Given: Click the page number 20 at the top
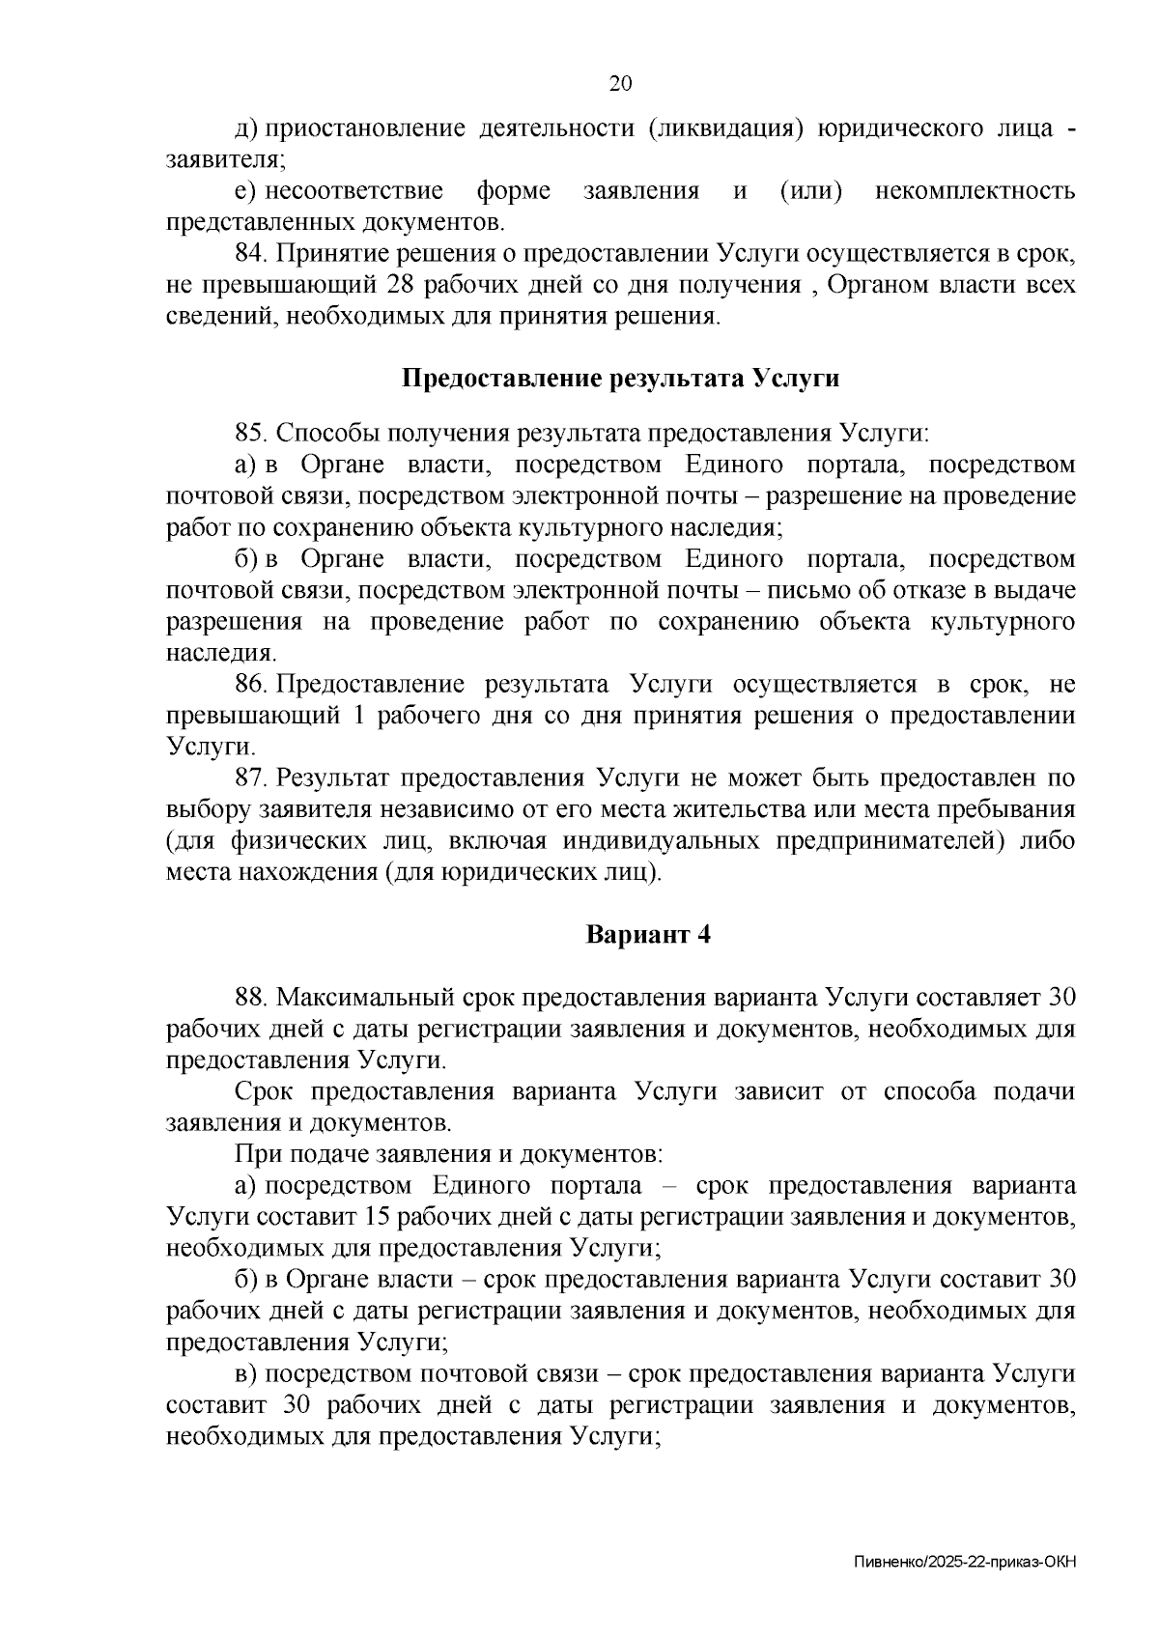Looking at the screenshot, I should [620, 84].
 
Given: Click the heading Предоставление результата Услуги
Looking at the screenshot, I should [620, 379].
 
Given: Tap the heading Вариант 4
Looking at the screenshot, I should [648, 935].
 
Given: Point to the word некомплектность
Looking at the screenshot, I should [975, 191].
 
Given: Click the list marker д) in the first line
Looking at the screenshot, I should [246, 128].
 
